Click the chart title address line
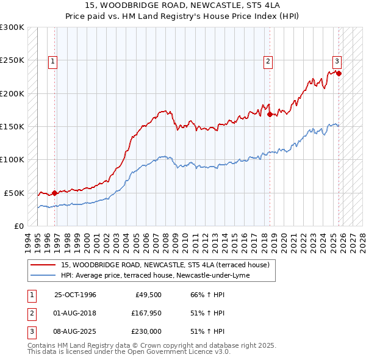(183, 6)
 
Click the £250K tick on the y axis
(12, 60)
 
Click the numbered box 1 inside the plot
(53, 60)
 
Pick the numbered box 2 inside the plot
(267, 60)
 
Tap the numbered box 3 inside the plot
(336, 60)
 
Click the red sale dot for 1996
(55, 193)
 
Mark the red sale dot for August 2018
(270, 114)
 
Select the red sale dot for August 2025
(339, 73)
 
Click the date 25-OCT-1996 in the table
(75, 295)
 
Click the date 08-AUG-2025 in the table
(75, 331)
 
